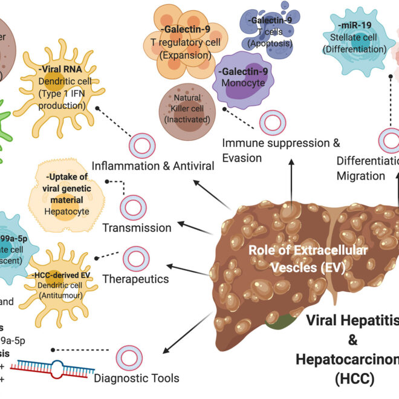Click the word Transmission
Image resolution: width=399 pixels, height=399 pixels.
137,228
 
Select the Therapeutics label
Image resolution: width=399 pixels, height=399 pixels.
136,279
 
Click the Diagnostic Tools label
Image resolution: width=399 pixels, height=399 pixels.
137,379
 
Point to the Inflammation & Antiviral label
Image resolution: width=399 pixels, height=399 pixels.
153,165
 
